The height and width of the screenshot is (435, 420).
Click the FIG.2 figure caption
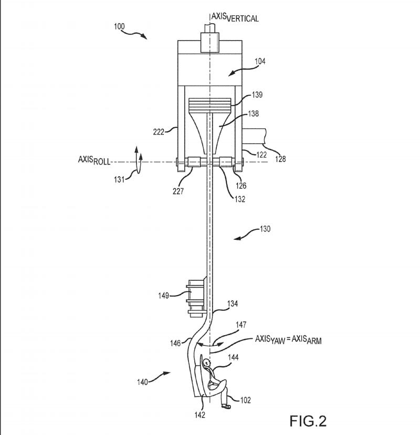(x=308, y=421)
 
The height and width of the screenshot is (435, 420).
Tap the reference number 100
(x=119, y=26)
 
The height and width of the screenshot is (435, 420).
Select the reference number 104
(x=260, y=62)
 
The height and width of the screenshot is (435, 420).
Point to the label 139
(x=257, y=95)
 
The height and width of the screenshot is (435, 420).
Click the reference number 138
(x=254, y=114)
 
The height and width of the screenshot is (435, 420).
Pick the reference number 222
(x=159, y=132)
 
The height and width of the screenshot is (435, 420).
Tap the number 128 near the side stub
(x=280, y=159)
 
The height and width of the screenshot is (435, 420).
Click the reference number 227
(x=178, y=191)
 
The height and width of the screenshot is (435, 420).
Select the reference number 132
(x=240, y=199)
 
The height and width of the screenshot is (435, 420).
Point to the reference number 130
(x=265, y=229)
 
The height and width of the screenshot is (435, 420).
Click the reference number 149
(x=164, y=296)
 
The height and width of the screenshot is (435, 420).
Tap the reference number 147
(x=241, y=325)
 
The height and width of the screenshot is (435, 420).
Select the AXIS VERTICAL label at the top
(x=235, y=17)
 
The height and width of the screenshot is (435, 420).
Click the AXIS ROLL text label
(x=94, y=160)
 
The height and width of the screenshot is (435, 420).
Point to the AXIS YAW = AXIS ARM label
(x=288, y=340)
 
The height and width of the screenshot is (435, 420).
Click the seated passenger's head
(x=206, y=362)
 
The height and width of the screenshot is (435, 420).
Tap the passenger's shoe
(x=226, y=407)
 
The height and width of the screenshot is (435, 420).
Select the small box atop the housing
(x=210, y=43)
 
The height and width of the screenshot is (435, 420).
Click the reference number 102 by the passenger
(x=245, y=400)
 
